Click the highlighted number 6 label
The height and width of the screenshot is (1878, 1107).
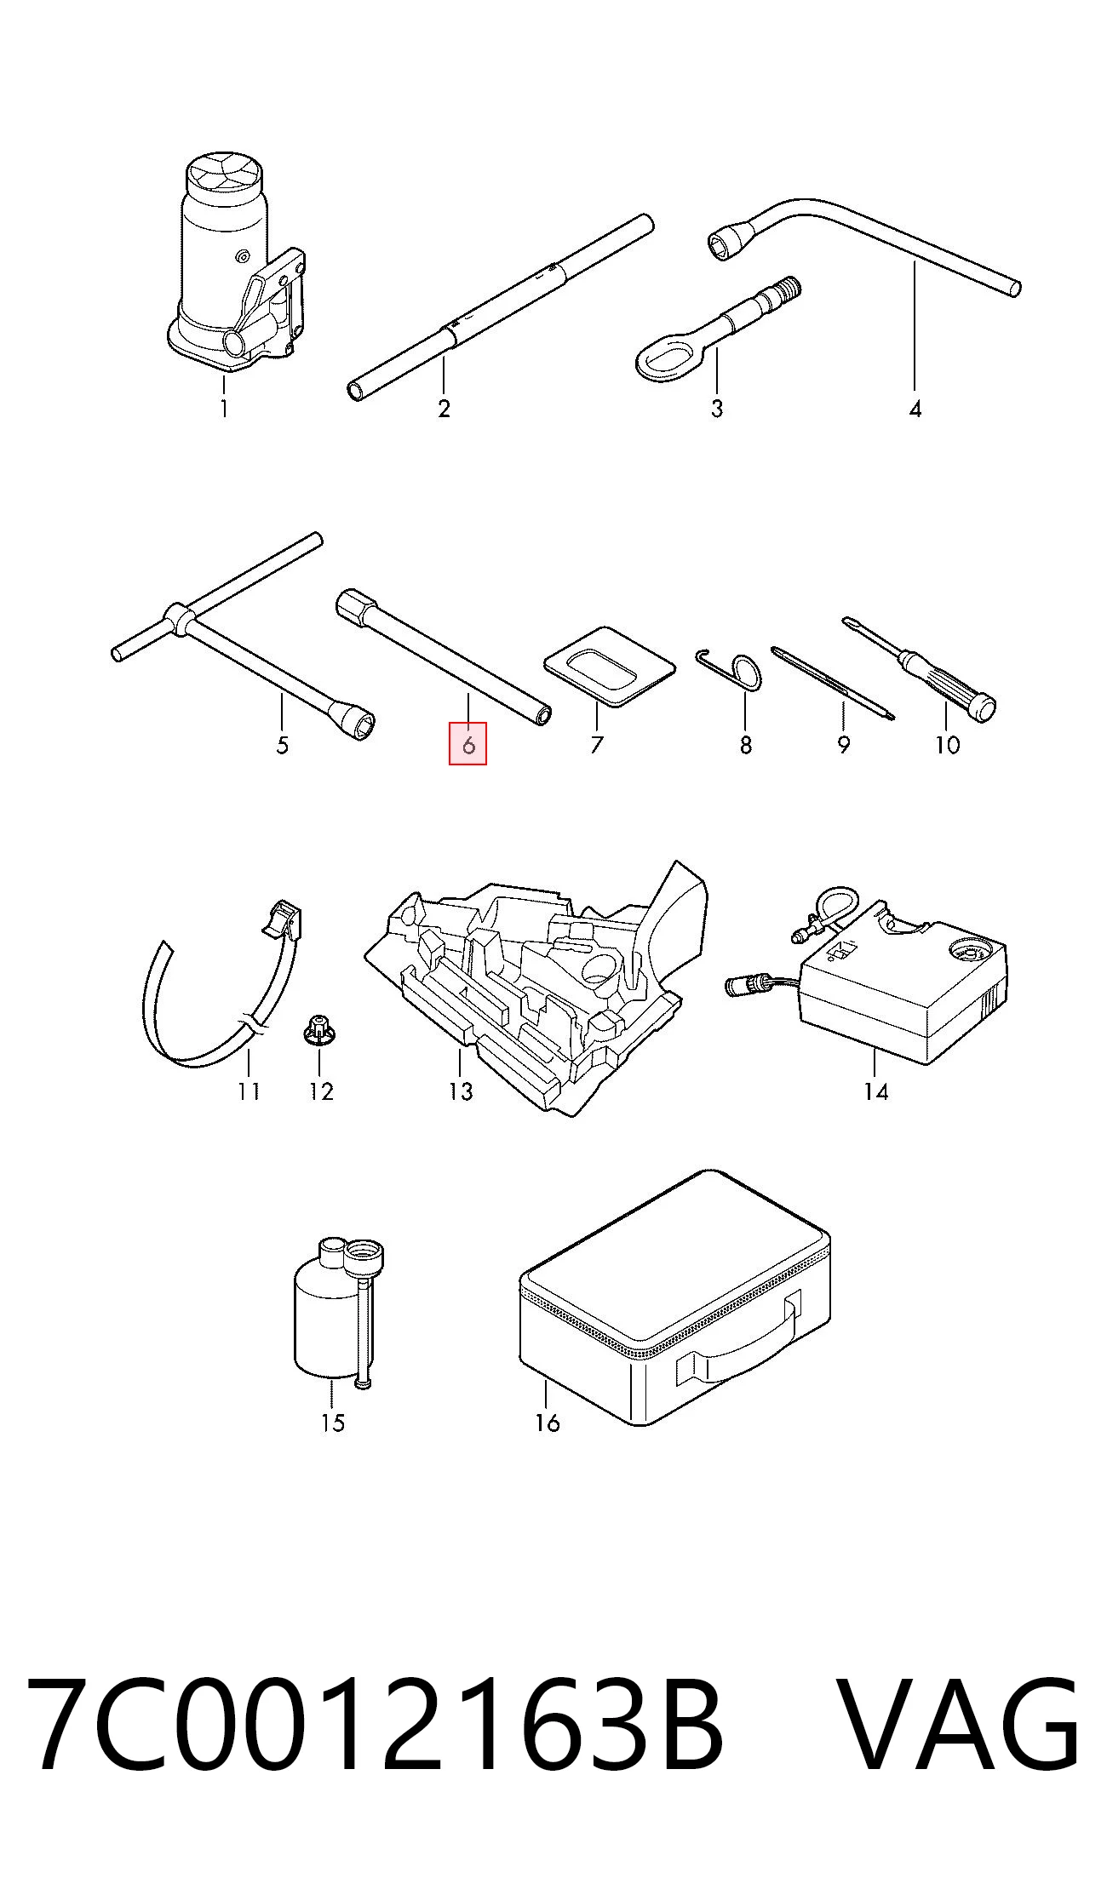click(x=467, y=744)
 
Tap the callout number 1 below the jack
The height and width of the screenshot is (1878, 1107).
click(x=223, y=409)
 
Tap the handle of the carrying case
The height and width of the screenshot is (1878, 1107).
click(x=739, y=1337)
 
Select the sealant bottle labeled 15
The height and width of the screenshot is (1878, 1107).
click(x=337, y=1312)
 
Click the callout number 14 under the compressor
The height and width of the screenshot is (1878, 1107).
click(x=875, y=1091)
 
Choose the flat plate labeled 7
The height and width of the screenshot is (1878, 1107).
click(x=610, y=667)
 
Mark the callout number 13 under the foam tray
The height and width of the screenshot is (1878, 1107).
click(x=460, y=1091)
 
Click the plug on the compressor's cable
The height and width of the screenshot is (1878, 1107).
click(x=743, y=986)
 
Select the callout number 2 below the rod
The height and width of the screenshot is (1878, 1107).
click(x=444, y=409)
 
